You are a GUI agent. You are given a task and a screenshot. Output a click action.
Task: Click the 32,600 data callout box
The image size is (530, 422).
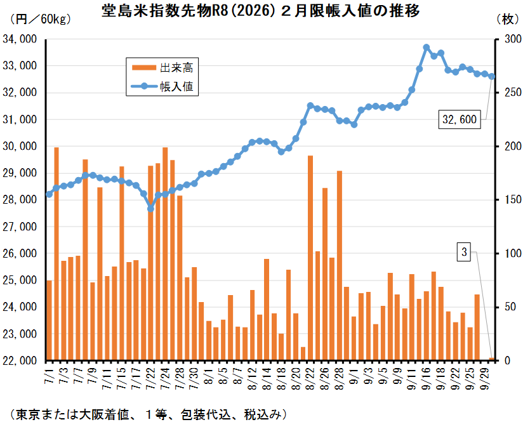pyautogui.click(x=459, y=119)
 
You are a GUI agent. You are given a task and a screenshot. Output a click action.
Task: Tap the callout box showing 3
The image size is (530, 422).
pyautogui.click(x=464, y=253)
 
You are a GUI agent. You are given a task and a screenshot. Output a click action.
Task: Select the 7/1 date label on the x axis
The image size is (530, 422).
pyautogui.click(x=49, y=371)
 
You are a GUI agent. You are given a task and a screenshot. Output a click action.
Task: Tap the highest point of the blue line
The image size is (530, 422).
pyautogui.click(x=427, y=48)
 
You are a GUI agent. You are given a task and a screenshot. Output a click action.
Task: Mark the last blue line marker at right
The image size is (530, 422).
pyautogui.click(x=492, y=77)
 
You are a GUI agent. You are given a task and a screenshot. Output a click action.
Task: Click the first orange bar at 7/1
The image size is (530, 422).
pyautogui.click(x=49, y=320)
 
